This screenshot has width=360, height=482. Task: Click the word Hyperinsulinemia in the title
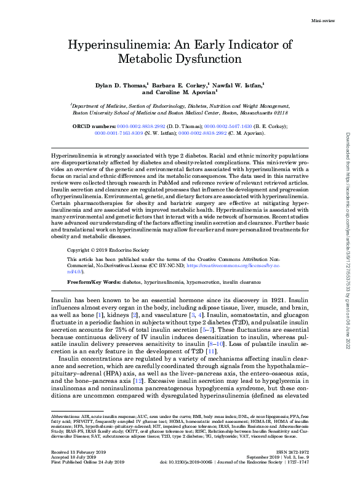(121, 45)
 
